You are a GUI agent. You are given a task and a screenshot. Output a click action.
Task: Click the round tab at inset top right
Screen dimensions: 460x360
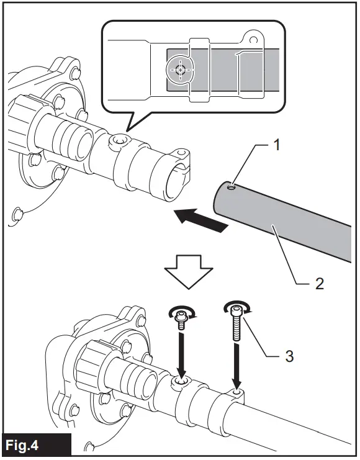(253, 38)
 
